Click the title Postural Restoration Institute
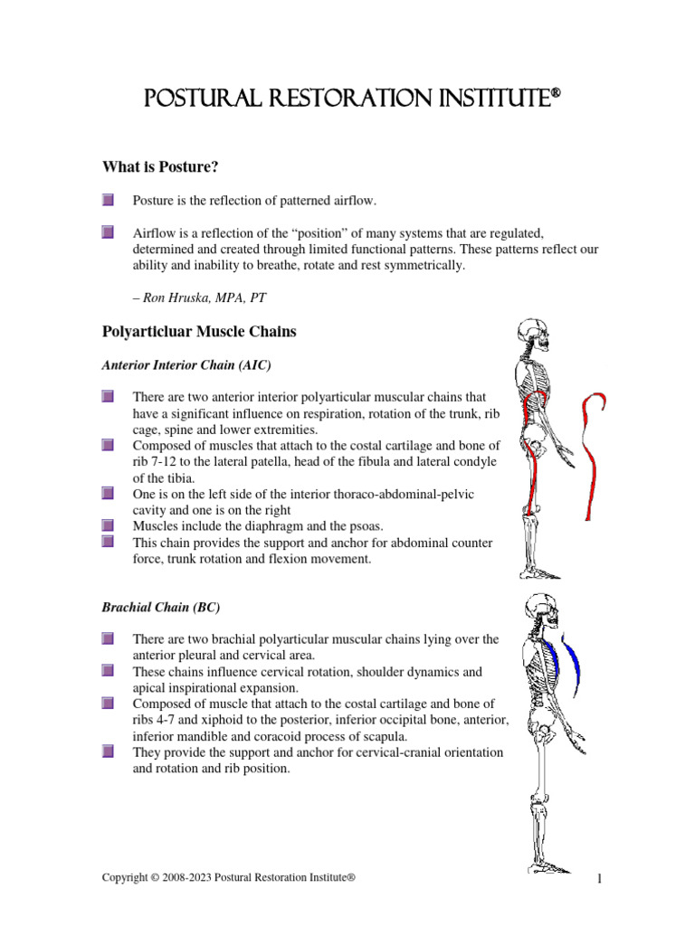pyautogui.click(x=347, y=98)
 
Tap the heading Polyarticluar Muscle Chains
pyautogui.click(x=198, y=332)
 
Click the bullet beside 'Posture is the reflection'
pyautogui.click(x=108, y=200)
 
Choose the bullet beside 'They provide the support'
pyautogui.click(x=108, y=751)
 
